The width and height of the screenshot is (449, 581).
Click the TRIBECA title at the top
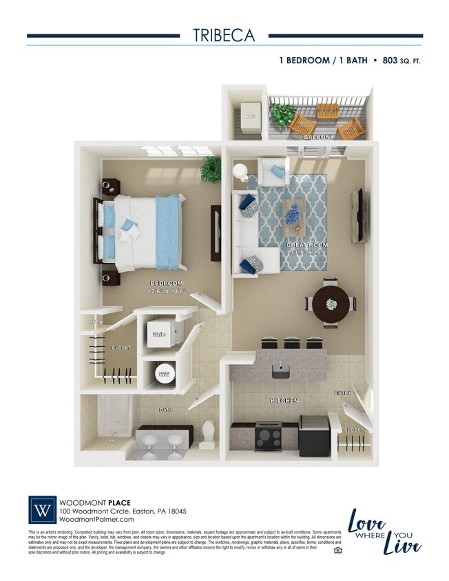click(224, 35)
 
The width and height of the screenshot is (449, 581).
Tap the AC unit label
click(250, 116)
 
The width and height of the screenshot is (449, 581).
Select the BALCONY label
click(319, 137)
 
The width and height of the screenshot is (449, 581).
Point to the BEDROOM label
click(166, 283)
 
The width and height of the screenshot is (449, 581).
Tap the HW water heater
click(164, 374)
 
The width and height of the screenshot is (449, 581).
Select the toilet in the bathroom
click(209, 435)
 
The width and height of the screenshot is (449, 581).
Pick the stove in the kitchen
click(268, 436)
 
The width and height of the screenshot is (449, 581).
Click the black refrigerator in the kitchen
click(313, 435)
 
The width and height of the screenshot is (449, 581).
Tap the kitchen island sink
click(280, 370)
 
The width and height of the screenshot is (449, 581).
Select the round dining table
click(331, 303)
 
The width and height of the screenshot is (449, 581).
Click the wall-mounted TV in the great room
click(359, 215)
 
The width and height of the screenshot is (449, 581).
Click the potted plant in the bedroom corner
click(211, 169)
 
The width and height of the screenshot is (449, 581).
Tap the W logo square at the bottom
click(42, 511)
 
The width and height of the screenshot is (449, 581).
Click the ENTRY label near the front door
click(342, 393)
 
